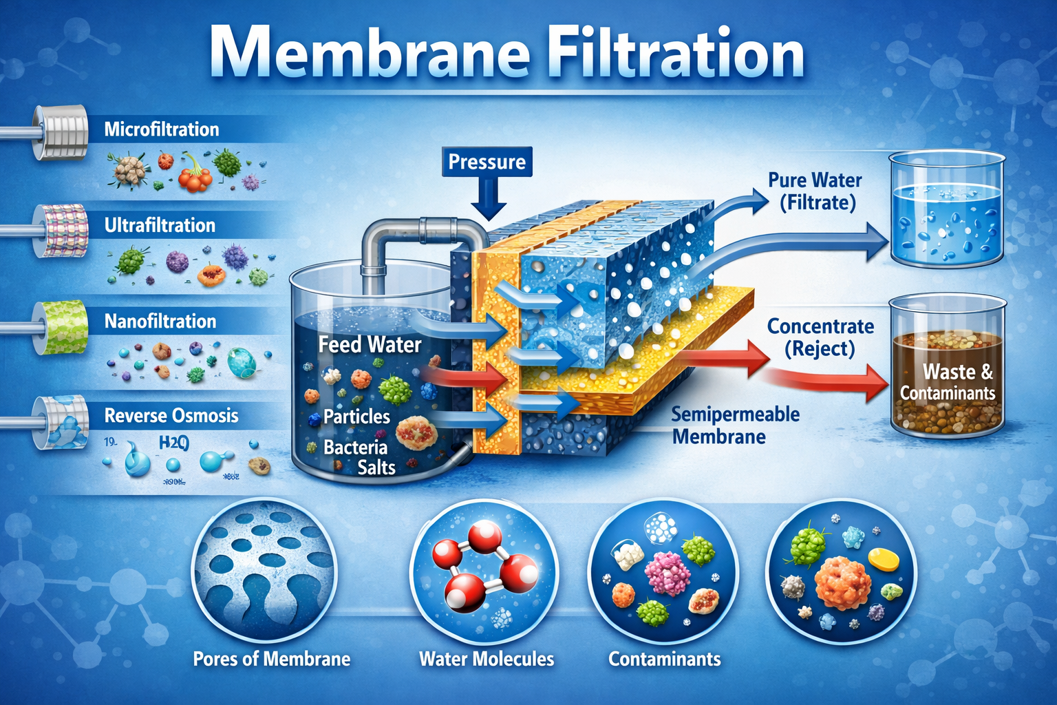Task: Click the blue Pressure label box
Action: [487, 162]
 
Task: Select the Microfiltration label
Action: [162, 129]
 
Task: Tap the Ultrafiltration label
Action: [160, 225]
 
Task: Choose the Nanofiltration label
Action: [160, 321]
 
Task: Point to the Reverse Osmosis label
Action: [171, 416]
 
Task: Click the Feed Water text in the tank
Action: [370, 344]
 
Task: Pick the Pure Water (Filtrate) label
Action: [815, 191]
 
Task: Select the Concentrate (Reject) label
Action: [820, 337]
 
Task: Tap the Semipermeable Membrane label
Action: [734, 425]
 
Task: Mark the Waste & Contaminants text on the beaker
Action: [948, 382]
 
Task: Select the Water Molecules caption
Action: [487, 659]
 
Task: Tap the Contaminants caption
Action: [665, 659]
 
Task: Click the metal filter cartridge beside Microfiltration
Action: [62, 131]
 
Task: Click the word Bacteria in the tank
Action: [356, 448]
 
